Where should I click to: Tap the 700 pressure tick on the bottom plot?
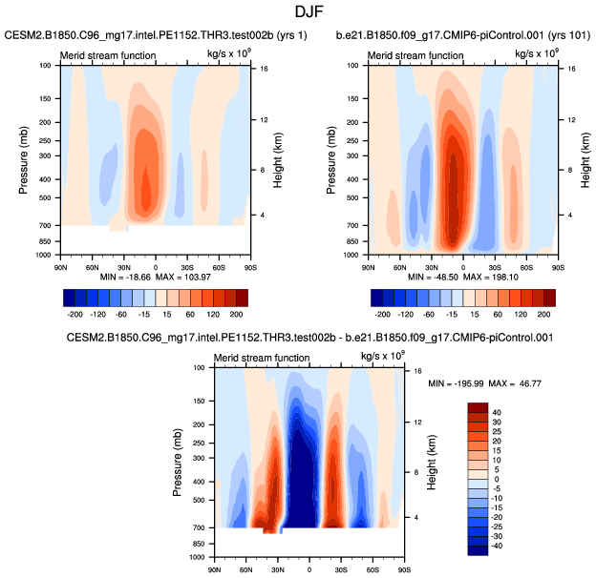(x=199, y=527)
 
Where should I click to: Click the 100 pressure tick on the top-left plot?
(x=46, y=66)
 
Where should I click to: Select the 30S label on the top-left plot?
(x=187, y=267)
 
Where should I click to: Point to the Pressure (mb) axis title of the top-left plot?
(x=22, y=160)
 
